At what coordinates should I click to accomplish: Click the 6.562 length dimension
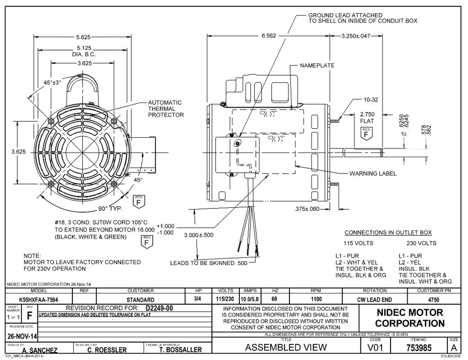(x=269, y=36)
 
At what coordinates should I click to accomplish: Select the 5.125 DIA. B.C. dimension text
(x=84, y=51)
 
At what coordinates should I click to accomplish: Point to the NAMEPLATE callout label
(x=317, y=65)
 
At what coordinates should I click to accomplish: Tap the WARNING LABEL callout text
(x=373, y=173)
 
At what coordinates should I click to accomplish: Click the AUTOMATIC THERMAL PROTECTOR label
(x=166, y=109)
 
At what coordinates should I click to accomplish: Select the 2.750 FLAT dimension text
(x=367, y=118)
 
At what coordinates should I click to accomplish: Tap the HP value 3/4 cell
(x=199, y=300)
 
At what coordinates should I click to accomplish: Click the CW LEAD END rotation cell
(x=374, y=300)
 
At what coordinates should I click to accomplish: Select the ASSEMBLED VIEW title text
(x=286, y=348)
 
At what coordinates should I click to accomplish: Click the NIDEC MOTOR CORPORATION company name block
(x=409, y=318)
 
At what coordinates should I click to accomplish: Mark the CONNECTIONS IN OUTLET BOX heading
(x=388, y=232)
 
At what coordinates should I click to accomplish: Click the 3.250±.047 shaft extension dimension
(x=356, y=36)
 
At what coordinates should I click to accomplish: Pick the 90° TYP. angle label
(x=110, y=209)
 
